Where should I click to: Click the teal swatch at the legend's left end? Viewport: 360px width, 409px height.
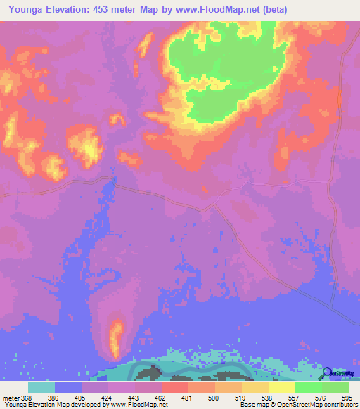(41, 387)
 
